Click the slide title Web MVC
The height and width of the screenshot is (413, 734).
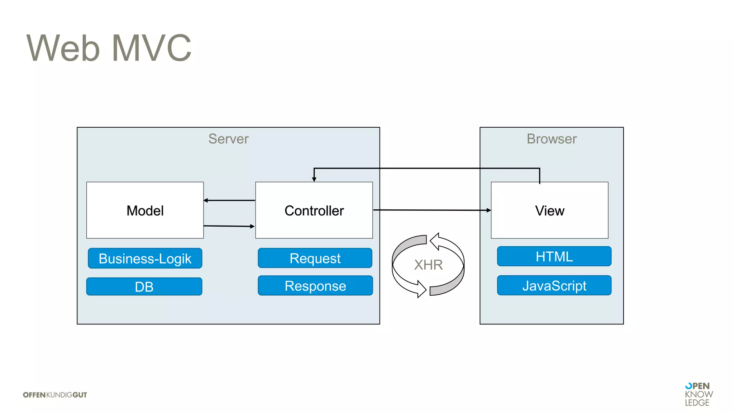tap(109, 48)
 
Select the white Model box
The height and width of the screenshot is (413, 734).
tap(145, 210)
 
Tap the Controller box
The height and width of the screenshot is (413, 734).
tap(314, 210)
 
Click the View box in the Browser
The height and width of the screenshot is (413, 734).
tap(549, 210)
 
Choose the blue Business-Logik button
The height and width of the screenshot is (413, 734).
tap(145, 258)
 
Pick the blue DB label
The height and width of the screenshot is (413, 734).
tap(144, 287)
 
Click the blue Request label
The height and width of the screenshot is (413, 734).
tap(315, 258)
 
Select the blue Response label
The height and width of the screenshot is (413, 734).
tap(315, 286)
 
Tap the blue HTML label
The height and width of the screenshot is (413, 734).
tap(554, 256)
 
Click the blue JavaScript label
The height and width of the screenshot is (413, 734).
tap(554, 286)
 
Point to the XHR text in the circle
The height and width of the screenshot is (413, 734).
tap(428, 265)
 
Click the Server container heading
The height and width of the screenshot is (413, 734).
tap(228, 139)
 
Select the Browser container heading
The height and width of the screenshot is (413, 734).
tap(552, 139)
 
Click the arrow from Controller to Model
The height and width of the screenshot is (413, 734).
tap(229, 200)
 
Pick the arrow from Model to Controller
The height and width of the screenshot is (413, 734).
tap(229, 226)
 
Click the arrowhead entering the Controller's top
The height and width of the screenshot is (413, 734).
tap(314, 179)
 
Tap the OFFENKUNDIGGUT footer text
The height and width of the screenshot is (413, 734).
tap(55, 395)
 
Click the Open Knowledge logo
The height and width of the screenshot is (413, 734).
tap(699, 394)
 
